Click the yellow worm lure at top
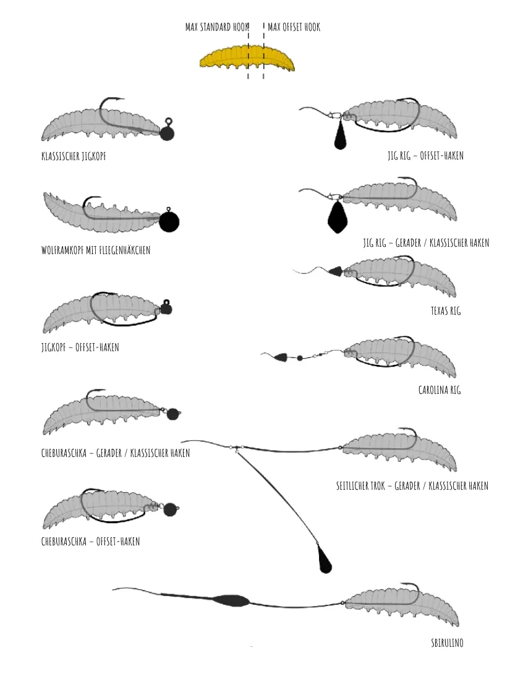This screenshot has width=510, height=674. click(247, 59)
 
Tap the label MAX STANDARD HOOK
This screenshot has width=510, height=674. click(217, 27)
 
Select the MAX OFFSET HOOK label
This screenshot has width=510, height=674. click(294, 27)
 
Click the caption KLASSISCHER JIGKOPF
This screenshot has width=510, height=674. click(74, 156)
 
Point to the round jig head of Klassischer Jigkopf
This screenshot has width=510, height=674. click(167, 133)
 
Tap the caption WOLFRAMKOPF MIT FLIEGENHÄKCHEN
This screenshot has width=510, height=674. click(96, 250)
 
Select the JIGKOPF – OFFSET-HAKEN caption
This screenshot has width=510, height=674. click(80, 347)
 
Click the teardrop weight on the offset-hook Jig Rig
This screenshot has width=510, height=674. click(340, 135)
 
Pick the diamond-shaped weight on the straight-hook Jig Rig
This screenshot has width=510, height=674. click(338, 217)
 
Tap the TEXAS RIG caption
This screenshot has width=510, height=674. click(446, 311)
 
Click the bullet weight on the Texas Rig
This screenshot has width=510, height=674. click(336, 271)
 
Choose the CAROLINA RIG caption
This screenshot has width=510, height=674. click(440, 390)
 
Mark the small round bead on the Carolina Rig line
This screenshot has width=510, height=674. click(300, 357)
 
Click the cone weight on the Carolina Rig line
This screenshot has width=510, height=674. click(281, 357)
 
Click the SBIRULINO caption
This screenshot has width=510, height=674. click(448, 643)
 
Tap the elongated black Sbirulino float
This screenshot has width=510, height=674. click(231, 600)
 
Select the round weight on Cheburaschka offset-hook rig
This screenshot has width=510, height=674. click(170, 510)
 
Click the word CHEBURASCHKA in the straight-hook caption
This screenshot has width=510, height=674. click(64, 453)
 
